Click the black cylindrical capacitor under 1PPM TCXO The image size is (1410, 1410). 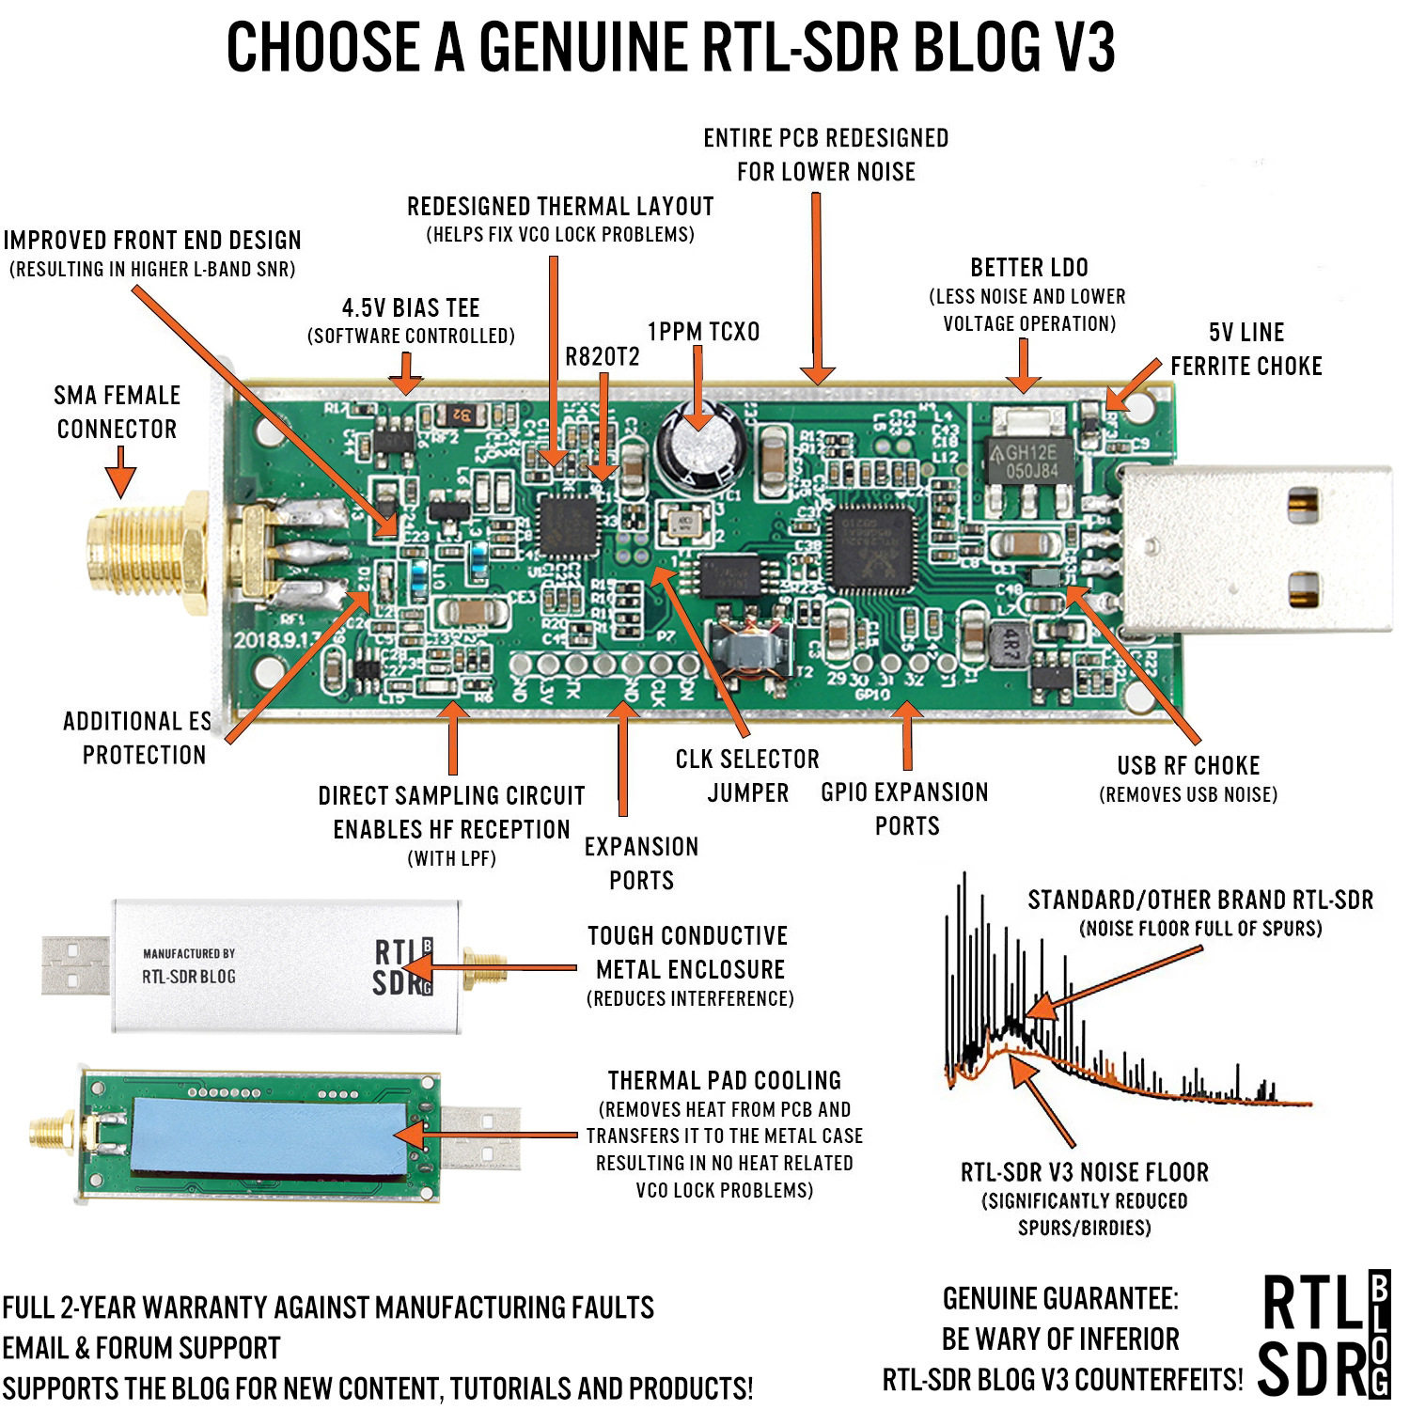click(703, 449)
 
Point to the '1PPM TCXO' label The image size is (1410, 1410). click(703, 332)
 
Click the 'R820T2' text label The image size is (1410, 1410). click(602, 357)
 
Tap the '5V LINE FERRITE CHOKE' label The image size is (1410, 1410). click(1245, 349)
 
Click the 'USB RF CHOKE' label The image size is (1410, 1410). click(1188, 766)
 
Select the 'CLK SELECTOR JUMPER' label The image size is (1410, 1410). click(747, 775)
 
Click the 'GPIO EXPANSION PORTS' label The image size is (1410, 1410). click(905, 808)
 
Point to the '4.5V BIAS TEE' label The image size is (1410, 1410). click(411, 308)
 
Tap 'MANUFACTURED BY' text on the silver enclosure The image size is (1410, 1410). click(189, 953)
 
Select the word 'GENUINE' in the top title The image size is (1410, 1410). click(582, 47)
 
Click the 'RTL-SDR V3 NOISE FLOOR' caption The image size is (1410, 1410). click(1084, 1172)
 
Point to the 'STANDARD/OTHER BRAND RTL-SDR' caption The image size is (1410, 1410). click(1199, 901)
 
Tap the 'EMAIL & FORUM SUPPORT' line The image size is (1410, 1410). click(141, 1348)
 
